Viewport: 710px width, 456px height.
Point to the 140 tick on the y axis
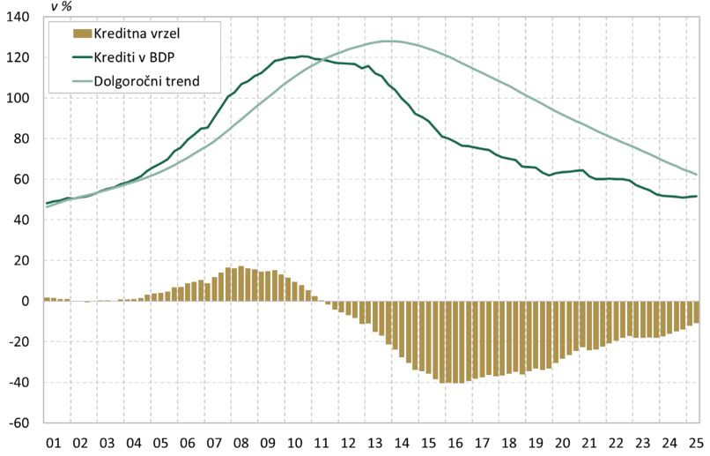[18, 18]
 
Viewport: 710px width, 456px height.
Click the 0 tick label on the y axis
[25, 302]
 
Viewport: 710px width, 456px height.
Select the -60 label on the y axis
[19, 423]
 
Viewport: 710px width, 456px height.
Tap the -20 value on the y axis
[19, 342]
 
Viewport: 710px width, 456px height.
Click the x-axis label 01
[52, 444]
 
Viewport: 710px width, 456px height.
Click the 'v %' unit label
[61, 7]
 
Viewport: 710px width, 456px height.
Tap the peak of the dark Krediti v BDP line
[302, 56]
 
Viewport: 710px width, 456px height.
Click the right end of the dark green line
[698, 196]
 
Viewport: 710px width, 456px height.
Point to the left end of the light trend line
[46, 206]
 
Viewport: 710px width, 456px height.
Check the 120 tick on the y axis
[18, 58]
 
